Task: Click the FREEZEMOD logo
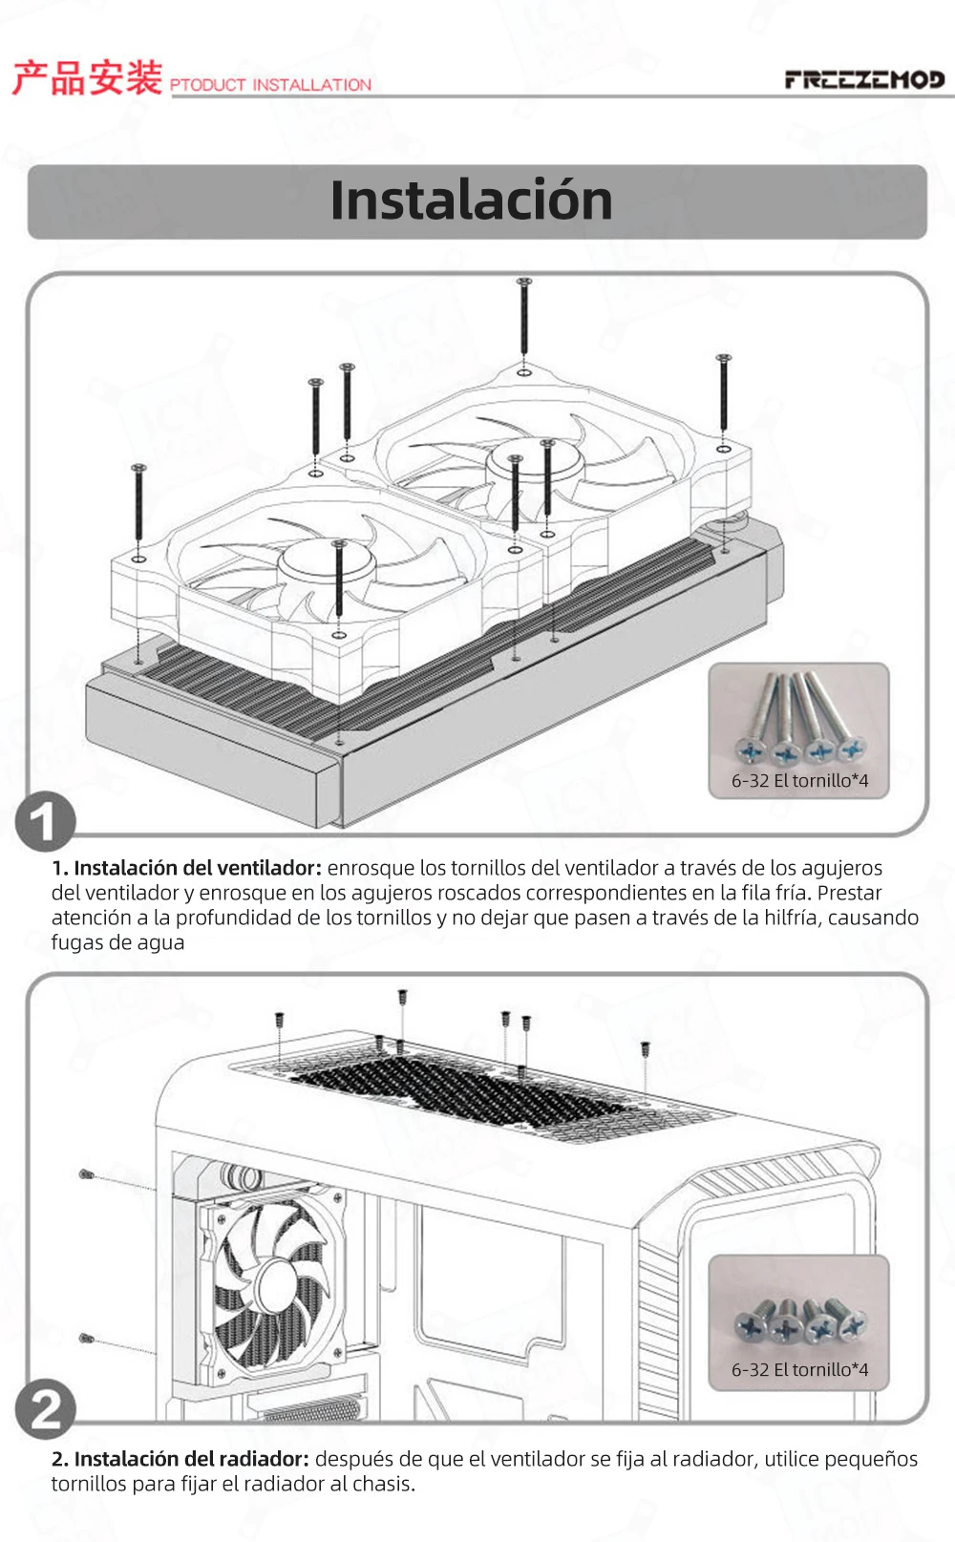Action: (864, 80)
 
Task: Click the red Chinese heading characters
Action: (88, 77)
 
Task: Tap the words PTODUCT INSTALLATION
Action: (270, 85)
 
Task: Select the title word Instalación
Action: (471, 201)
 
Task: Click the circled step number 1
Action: (46, 821)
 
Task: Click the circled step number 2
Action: (46, 1409)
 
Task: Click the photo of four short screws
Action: (799, 1321)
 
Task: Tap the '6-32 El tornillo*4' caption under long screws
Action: (799, 781)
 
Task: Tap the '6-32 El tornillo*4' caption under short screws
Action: (799, 1369)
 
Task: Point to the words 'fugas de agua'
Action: (117, 942)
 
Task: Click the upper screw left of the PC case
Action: (87, 1174)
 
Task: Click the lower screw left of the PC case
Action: (86, 1339)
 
